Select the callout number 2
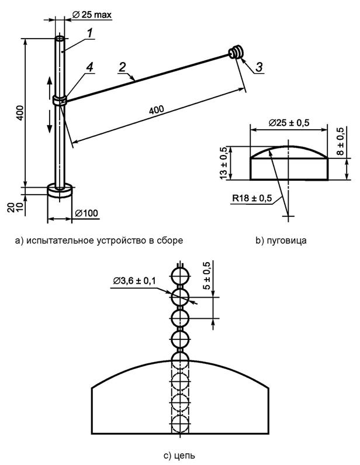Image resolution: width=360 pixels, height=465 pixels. click(x=122, y=66)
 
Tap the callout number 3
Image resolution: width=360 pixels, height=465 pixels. click(x=258, y=67)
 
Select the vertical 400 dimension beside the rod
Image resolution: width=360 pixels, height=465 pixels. click(x=19, y=112)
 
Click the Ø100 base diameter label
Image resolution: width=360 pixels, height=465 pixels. click(x=86, y=213)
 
